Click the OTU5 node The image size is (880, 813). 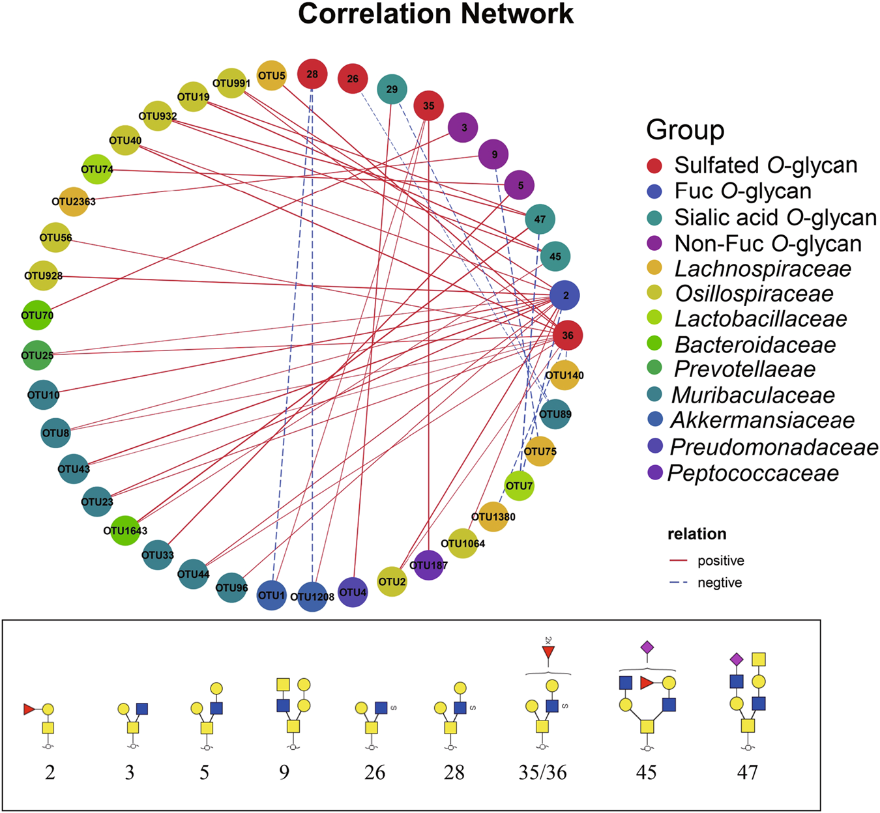272,76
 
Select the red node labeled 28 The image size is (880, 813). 312,74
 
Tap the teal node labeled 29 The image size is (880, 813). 392,89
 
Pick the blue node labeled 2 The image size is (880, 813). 565,295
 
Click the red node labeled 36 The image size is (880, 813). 568,335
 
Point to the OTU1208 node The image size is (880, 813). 312,596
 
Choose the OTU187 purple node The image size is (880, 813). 428,565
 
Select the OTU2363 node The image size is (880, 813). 74,201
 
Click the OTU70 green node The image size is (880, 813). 37,315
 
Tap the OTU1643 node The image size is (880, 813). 125,530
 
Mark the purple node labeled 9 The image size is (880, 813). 494,154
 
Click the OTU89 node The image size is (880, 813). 555,414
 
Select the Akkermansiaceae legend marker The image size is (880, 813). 656,420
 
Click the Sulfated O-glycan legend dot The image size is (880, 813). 656,165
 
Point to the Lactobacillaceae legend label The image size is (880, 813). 761,319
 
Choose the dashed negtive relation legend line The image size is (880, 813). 679,582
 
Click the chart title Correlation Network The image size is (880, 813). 435,14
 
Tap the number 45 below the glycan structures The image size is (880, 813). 646,772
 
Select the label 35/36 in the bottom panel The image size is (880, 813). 542,772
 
